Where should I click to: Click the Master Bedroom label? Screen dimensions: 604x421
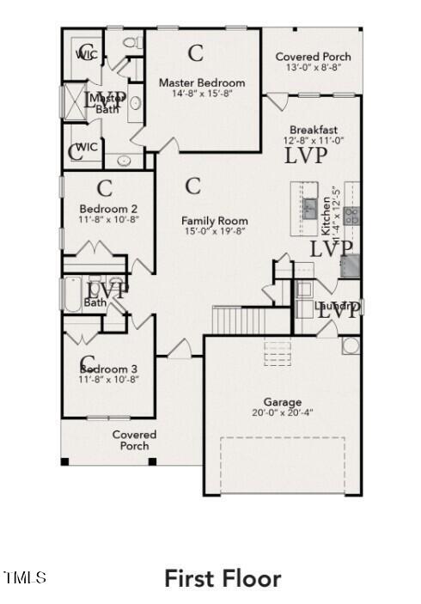pos(202,82)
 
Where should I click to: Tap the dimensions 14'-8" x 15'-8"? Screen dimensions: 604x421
pos(202,95)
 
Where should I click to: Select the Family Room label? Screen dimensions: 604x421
pos(214,221)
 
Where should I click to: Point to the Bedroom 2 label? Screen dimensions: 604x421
pos(108,209)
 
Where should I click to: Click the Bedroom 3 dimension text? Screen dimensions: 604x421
pos(108,379)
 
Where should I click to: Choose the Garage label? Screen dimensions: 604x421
pos(282,401)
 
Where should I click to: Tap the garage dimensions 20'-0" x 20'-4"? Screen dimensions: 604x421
pos(282,412)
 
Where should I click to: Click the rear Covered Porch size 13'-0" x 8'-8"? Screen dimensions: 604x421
pos(313,68)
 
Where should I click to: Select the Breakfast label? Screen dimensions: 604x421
pos(313,129)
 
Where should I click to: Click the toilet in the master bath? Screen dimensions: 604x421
pos(131,42)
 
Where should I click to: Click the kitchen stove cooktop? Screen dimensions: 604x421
pos(351,215)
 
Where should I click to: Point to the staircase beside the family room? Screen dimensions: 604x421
pos(241,321)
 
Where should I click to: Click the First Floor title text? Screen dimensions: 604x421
pos(223,578)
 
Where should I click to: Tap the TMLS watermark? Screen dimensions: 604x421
pos(25,577)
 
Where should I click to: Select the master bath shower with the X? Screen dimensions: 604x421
pos(76,101)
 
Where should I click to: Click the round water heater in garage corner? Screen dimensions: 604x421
pos(351,345)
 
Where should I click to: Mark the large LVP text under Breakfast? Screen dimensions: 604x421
pos(306,156)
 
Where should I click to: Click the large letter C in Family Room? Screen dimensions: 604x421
pos(193,185)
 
